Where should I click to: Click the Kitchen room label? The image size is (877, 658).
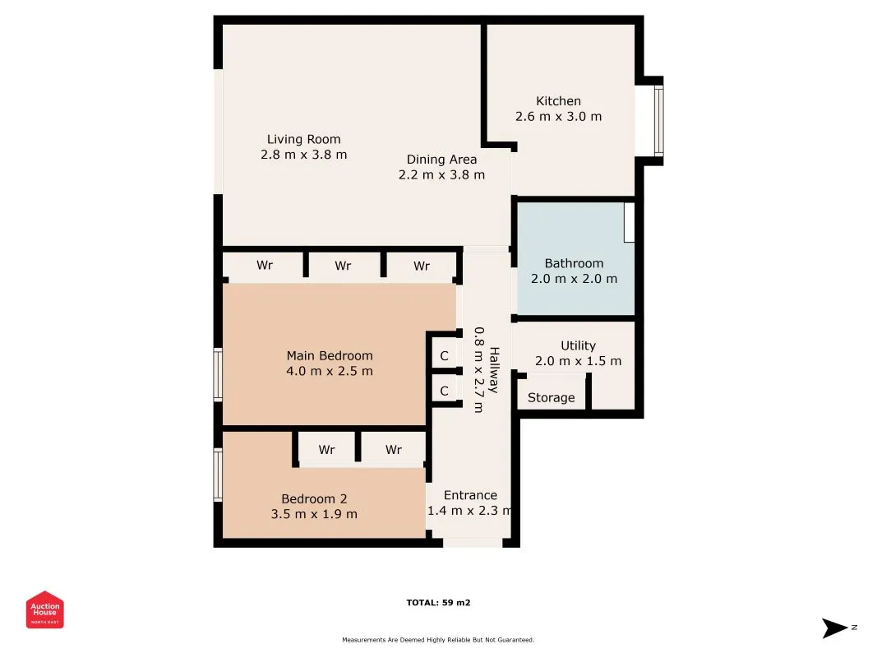click(558, 101)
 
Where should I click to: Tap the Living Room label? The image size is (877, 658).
click(304, 139)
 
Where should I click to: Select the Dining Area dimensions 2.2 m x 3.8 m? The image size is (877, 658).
click(441, 174)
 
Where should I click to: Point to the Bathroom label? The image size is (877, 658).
click(574, 263)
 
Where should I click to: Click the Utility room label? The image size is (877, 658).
click(579, 345)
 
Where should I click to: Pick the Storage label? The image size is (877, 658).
click(551, 398)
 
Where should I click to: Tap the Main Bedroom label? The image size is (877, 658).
click(330, 356)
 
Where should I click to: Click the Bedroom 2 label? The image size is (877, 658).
click(314, 498)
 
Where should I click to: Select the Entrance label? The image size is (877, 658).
click(470, 495)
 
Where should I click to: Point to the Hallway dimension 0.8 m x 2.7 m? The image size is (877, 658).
click(478, 370)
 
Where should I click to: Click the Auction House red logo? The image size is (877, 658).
click(44, 609)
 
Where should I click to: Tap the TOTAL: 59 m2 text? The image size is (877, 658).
click(439, 603)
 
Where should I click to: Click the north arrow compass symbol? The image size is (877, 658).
click(834, 628)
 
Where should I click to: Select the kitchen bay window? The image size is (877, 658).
click(659, 120)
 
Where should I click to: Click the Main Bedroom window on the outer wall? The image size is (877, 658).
click(218, 374)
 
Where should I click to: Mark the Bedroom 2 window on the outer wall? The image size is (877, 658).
click(218, 475)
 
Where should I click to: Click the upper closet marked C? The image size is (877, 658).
click(444, 356)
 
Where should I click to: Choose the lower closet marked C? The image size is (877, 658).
click(444, 391)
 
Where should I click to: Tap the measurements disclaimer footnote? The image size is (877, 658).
click(439, 640)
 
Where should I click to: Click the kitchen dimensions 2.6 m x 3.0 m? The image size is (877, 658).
click(558, 116)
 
